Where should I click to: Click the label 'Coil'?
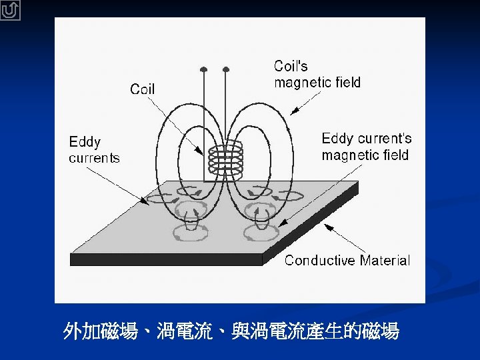click(143, 89)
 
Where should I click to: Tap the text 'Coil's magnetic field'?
click(317, 74)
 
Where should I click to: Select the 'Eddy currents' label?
click(94, 150)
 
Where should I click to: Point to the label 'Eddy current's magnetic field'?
click(366, 147)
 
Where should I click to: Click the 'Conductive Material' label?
click(347, 260)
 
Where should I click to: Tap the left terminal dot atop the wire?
click(204, 69)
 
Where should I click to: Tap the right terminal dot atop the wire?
click(226, 69)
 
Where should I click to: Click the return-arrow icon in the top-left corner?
click(11, 10)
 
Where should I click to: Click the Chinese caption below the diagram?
click(231, 331)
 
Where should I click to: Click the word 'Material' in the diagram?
click(385, 260)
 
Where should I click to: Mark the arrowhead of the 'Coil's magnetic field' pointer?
click(292, 113)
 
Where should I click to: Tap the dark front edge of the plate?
click(167, 259)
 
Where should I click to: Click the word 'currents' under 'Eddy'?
click(94, 158)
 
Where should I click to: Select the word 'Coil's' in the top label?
click(291, 66)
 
